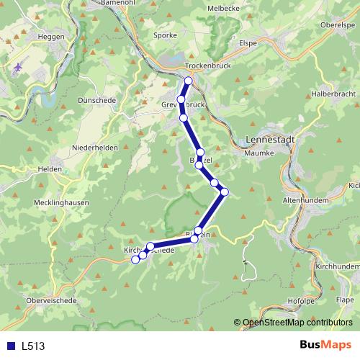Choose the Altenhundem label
305,199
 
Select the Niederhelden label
94,148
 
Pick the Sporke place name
166,34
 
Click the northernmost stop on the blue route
189,81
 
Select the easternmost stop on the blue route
225,191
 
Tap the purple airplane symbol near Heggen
17,67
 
